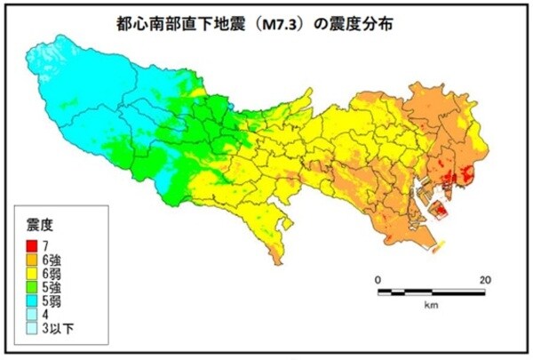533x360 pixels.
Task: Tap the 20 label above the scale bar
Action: (485, 280)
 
